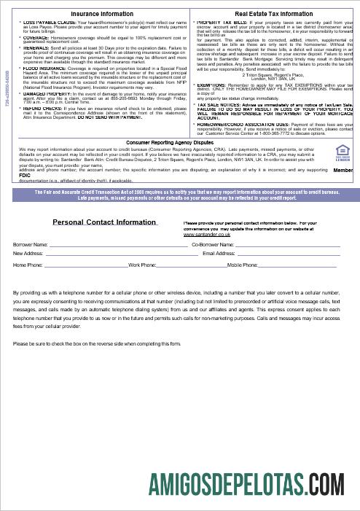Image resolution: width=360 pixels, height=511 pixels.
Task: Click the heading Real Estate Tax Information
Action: (x=271, y=14)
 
